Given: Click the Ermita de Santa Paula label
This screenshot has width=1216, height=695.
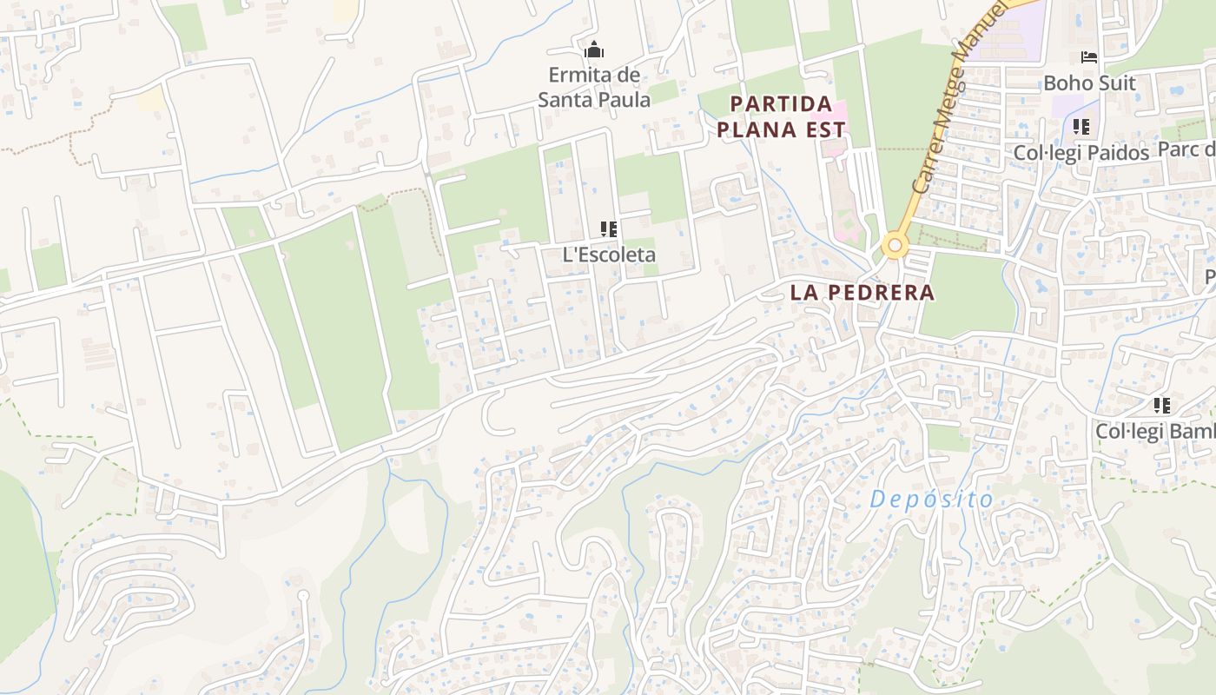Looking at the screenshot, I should tap(594, 87).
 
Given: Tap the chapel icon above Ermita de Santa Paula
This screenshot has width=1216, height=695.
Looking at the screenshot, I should tap(594, 50).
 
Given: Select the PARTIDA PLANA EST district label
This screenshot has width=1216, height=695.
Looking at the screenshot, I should tap(787, 117).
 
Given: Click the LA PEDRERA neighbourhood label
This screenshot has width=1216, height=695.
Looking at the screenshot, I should tap(862, 293).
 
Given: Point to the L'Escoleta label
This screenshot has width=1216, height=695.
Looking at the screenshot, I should tap(609, 255).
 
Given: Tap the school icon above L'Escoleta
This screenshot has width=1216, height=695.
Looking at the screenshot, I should tap(609, 229).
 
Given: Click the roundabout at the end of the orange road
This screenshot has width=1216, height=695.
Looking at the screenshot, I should tap(895, 246).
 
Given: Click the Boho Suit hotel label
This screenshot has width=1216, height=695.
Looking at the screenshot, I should tap(1089, 83).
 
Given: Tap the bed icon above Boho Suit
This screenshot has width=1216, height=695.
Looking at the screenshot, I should tap(1089, 57).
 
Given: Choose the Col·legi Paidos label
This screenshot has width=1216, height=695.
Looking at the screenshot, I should tap(1081, 153).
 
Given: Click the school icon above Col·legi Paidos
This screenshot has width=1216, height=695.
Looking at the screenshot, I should tap(1081, 127).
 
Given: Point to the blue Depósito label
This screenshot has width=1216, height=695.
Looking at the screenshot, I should tap(931, 500).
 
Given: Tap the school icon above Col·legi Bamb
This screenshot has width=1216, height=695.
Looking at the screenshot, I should tap(1162, 405).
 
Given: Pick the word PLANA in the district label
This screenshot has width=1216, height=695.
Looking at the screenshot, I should tap(752, 130).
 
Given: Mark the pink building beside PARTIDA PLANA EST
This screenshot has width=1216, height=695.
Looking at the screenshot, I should tap(830, 112).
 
